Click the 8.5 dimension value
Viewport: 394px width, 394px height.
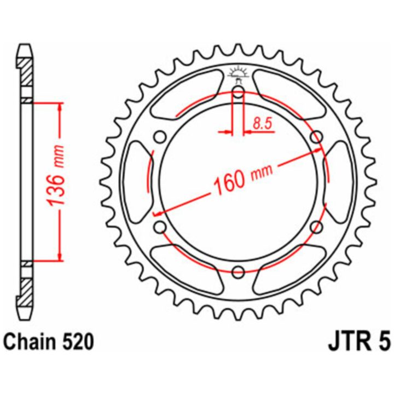point(263,123)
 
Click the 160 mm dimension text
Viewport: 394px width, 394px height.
point(243,179)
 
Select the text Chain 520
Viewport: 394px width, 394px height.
point(49,341)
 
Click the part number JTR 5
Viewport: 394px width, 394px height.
point(360,341)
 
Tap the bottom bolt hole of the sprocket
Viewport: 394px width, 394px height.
point(238,271)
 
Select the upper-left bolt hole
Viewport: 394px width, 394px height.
point(160,137)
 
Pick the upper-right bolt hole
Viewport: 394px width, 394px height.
point(316,137)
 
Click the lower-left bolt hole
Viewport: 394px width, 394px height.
point(160,227)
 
